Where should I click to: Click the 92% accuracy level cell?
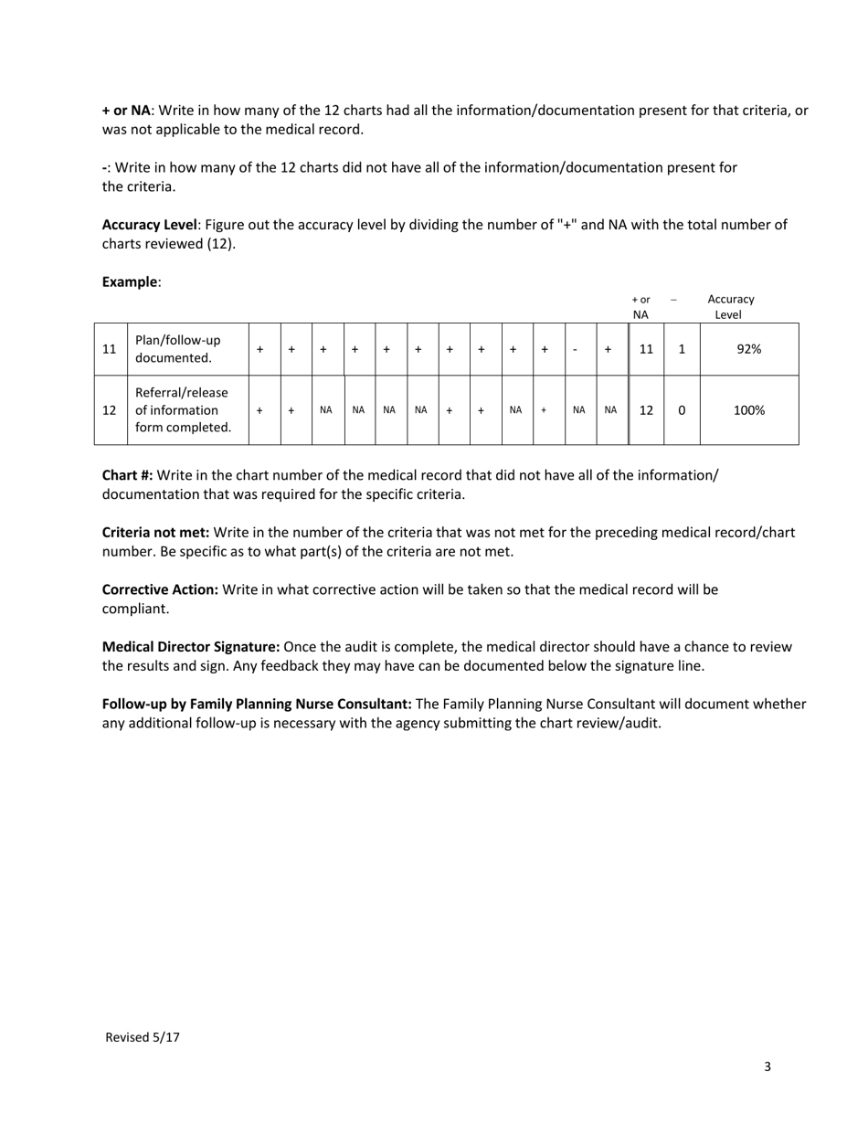pos(748,349)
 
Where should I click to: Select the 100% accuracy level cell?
pos(748,410)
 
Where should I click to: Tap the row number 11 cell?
pos(110,349)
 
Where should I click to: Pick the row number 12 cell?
pos(110,410)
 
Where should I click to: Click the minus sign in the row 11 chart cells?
pos(575,349)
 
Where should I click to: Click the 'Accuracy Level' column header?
pos(730,307)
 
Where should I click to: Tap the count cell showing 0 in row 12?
pos(682,410)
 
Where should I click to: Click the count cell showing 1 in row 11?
pos(682,349)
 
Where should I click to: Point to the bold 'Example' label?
pos(130,281)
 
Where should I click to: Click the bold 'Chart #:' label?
pos(127,475)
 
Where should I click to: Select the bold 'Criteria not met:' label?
pos(155,532)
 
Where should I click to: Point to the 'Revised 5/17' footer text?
pos(143,1037)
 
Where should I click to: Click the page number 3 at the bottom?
pos(767,1066)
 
